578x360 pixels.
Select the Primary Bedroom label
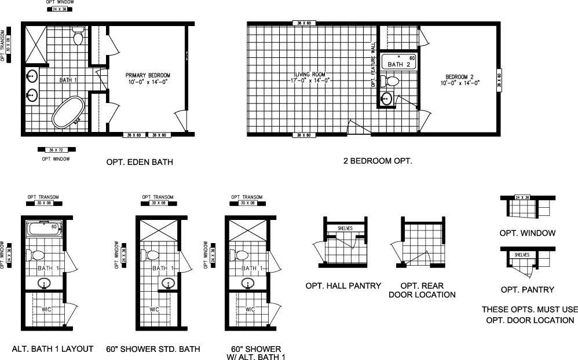(x=148, y=79)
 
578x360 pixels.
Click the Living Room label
(x=310, y=78)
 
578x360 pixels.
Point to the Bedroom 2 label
(x=460, y=79)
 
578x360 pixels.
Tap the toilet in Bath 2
(x=393, y=81)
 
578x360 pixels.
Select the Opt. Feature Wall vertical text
(x=374, y=64)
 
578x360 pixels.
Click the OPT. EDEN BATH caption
(x=140, y=162)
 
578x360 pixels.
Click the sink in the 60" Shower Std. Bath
(x=169, y=284)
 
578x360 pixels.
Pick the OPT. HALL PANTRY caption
(x=343, y=285)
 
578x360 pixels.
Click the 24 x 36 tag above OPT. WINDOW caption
(x=524, y=198)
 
